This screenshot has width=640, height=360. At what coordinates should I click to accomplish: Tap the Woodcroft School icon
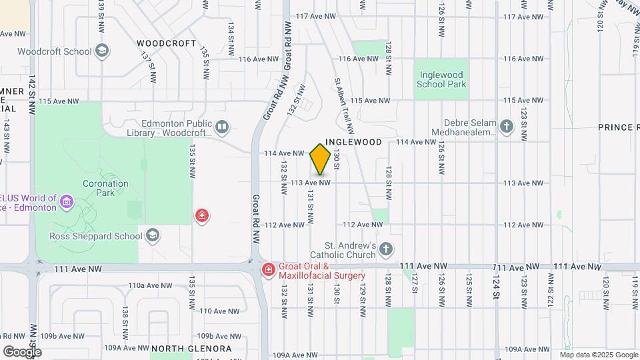(x=102, y=51)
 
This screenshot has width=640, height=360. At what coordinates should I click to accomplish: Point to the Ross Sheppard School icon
(x=153, y=235)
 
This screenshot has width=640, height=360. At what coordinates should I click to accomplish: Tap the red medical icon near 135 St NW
(x=201, y=215)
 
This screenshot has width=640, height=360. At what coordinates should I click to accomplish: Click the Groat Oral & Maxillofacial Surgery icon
(x=267, y=270)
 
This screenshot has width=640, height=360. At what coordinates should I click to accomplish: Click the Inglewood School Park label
(x=441, y=79)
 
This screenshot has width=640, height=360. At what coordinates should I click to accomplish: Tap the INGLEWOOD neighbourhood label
(x=353, y=142)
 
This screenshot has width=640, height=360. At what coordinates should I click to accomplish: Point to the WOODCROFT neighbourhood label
(x=167, y=43)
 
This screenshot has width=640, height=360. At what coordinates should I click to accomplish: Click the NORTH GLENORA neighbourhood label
(x=191, y=349)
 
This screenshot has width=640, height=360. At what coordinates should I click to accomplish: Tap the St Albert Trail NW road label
(x=343, y=103)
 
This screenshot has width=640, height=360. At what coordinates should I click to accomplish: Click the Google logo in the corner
(x=22, y=351)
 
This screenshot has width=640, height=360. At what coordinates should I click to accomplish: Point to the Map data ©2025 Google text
(x=597, y=355)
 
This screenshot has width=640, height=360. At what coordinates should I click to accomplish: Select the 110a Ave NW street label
(x=138, y=285)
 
